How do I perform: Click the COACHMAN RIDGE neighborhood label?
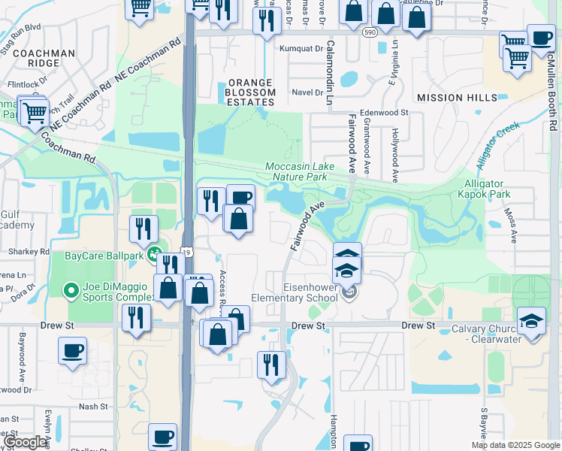pos(43,59)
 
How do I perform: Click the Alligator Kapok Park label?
pos(488,189)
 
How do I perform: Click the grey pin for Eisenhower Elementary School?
pos(348,292)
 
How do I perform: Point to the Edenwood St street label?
pos(384,112)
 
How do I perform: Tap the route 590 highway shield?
pos(368,33)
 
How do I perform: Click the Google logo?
pos(26,443)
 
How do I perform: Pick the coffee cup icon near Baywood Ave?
pos(73,350)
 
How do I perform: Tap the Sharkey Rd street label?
pos(28,251)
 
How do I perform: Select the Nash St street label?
pos(93,406)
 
